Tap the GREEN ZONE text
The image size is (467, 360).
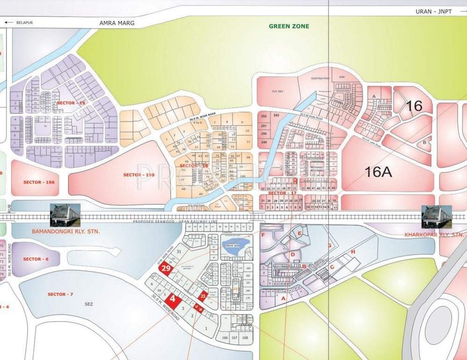click(x=289, y=26)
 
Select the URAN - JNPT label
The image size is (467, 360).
click(x=433, y=11)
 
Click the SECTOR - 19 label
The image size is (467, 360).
click(x=71, y=103)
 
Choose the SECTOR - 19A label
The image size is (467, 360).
click(x=39, y=181)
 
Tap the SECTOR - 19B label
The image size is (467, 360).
click(x=139, y=175)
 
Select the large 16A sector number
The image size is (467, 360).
click(x=378, y=172)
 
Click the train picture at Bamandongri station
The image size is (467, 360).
click(x=65, y=215)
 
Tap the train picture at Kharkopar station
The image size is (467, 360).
click(x=437, y=217)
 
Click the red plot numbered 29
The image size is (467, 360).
click(x=166, y=269)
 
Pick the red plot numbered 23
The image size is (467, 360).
click(x=203, y=296)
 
